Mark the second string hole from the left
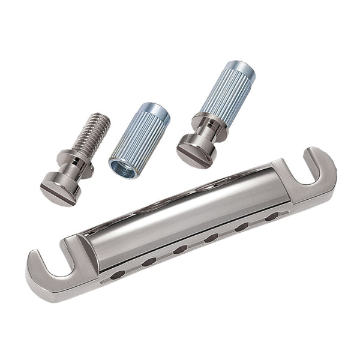coord(148,262)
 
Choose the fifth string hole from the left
coord(242,226)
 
